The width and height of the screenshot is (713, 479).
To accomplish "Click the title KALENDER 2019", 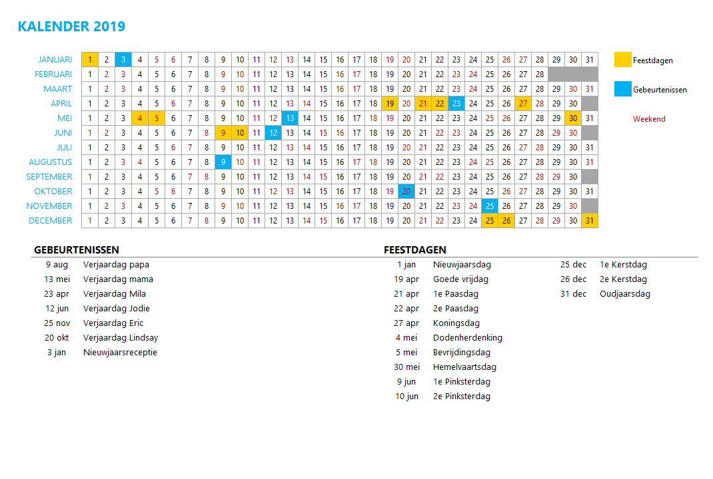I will point(71,27).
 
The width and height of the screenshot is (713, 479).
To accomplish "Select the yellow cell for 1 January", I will point(90,60).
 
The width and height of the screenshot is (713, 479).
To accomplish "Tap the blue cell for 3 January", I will point(123,60).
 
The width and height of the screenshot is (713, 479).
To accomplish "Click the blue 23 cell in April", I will point(456,104).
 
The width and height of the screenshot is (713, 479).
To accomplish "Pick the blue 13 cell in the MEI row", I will point(290,118).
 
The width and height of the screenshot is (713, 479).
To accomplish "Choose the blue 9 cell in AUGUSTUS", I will point(223,162).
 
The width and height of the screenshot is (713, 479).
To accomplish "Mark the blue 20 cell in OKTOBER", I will point(406,192).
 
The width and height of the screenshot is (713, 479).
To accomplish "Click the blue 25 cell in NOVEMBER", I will point(490,206).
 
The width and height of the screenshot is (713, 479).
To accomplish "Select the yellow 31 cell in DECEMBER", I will point(590,221).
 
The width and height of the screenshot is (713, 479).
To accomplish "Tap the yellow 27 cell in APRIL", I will point(523,104).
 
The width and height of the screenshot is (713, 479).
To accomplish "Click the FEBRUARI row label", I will point(53,75).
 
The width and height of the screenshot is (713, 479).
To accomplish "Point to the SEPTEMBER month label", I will point(49,177).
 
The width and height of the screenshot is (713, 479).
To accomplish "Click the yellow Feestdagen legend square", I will point(623,60).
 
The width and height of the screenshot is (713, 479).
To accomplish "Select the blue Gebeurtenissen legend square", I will point(623,89).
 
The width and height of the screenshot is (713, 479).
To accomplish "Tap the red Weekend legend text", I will point(649,119).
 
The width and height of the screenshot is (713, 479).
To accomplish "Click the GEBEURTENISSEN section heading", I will point(76,250).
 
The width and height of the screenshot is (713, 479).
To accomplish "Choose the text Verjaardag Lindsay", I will point(121,338).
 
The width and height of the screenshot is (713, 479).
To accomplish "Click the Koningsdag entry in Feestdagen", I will point(456,323).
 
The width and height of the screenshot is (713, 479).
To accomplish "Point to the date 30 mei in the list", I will point(406,367).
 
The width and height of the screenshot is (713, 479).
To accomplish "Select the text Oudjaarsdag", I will point(625,294).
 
